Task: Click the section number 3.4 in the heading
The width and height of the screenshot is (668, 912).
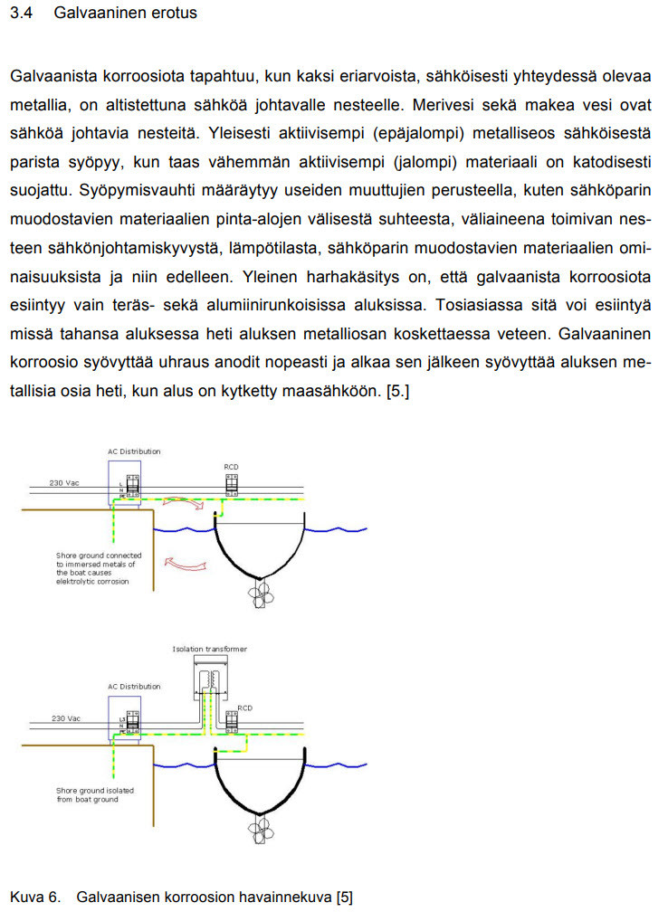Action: (20, 14)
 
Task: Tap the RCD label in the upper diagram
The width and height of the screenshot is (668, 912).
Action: (231, 467)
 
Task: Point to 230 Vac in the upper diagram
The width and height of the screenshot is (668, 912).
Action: (64, 483)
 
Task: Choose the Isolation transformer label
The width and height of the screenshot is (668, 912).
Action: (209, 649)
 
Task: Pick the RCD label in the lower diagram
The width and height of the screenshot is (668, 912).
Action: (244, 708)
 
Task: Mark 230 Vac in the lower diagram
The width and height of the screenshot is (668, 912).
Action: (64, 718)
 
